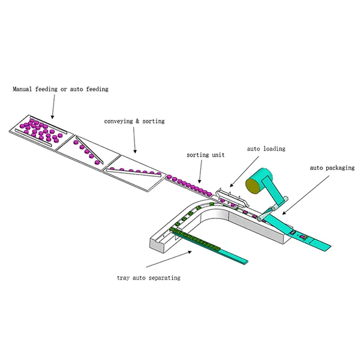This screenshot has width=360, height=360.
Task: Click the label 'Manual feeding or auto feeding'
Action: click(x=61, y=89)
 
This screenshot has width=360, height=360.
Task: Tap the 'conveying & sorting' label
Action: click(x=134, y=121)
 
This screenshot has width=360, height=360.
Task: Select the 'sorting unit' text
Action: click(x=205, y=155)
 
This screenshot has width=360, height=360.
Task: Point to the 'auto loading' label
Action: click(x=266, y=149)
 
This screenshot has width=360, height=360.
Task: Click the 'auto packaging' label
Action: click(x=332, y=168)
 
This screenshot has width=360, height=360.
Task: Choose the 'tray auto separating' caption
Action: click(x=149, y=278)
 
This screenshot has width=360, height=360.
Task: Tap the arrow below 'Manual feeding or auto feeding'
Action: click(x=53, y=107)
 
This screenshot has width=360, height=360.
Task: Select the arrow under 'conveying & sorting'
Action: click(x=134, y=140)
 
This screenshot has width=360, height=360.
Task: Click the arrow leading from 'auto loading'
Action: click(x=244, y=172)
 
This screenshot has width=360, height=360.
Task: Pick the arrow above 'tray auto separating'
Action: click(x=169, y=259)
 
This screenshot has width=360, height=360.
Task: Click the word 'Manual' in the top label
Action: click(x=22, y=89)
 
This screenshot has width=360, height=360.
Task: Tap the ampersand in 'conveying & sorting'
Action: click(x=137, y=121)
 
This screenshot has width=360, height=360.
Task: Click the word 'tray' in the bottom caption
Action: click(x=123, y=278)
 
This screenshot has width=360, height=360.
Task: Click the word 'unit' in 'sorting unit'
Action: click(x=218, y=155)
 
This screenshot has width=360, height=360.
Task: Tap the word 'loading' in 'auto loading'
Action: click(x=274, y=149)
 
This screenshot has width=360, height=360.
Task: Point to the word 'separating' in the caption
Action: click(x=164, y=278)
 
